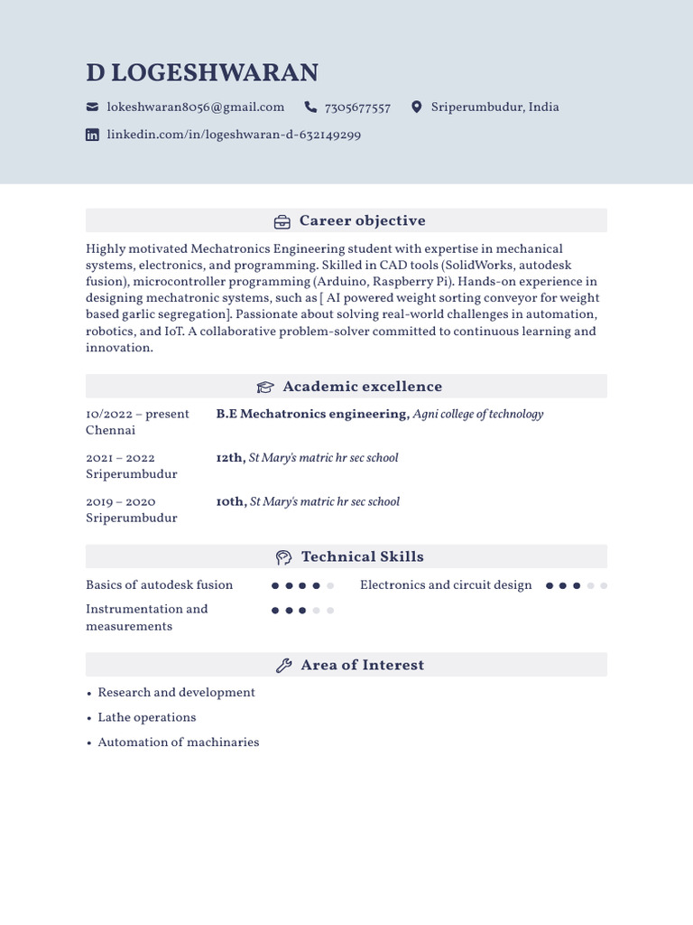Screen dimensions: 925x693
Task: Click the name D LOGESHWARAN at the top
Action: pos(202,73)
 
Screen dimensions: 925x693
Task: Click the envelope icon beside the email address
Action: pos(92,107)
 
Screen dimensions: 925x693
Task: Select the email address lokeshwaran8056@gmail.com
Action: pos(195,107)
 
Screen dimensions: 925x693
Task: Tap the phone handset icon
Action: pos(311,107)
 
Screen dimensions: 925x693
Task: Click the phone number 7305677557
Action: pos(356,108)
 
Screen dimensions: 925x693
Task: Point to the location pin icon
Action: pos(416,107)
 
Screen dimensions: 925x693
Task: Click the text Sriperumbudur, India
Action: pos(494,107)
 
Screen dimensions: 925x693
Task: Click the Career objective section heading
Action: pos(362,220)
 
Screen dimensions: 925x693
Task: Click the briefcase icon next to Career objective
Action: pos(282,221)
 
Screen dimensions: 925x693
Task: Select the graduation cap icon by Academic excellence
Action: pos(264,388)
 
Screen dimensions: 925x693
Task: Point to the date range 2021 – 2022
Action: pos(120,458)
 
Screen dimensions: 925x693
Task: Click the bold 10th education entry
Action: pos(230,501)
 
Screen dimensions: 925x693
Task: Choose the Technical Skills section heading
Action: pos(362,556)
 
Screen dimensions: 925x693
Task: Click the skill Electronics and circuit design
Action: pos(446,585)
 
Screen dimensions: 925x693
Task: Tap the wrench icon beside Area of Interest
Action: pos(283,666)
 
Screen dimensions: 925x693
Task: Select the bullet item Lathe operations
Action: pos(146,717)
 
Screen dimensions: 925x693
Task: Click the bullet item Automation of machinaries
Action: pos(178,743)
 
